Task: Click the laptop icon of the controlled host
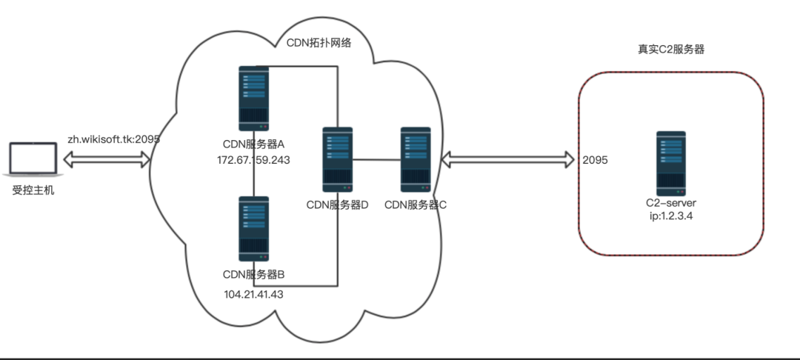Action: click(33, 160)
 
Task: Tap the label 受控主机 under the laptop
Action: click(33, 191)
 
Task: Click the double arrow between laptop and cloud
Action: click(107, 159)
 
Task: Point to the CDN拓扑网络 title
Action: click(319, 43)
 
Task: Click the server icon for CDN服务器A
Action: click(253, 98)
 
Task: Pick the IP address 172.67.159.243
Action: click(254, 160)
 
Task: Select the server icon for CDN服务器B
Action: click(253, 228)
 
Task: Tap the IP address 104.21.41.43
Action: click(254, 293)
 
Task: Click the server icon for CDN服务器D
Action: click(337, 160)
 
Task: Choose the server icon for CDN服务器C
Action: click(416, 160)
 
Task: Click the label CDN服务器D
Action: click(337, 204)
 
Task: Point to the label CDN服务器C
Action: click(416, 204)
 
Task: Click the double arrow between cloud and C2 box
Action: click(508, 159)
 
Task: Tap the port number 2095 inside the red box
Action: click(596, 160)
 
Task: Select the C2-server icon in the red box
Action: click(670, 163)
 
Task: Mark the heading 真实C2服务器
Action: click(670, 50)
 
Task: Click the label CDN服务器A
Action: click(254, 144)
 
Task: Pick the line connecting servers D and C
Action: click(376, 160)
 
